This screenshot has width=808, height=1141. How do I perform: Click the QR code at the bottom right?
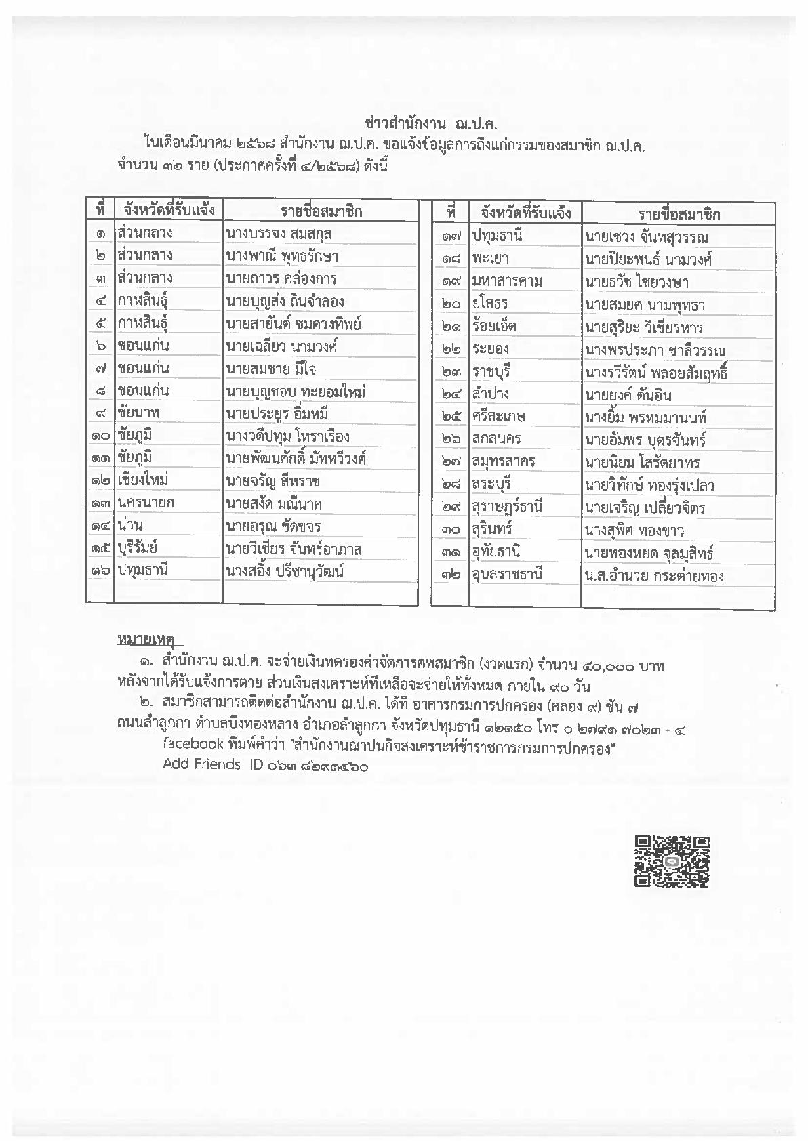[x=672, y=861]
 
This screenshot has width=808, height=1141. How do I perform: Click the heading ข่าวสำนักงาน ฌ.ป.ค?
[x=426, y=123]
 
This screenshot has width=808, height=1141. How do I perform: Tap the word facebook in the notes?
[x=193, y=743]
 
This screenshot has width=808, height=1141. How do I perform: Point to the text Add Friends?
[x=201, y=764]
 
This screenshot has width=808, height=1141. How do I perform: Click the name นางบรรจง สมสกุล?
[x=279, y=234]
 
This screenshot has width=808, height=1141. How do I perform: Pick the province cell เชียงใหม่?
[x=142, y=480]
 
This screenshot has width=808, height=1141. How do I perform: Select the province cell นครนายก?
[x=145, y=503]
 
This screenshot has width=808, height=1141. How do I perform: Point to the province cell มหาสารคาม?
[x=507, y=281]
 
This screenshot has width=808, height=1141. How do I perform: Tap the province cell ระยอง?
[x=491, y=349]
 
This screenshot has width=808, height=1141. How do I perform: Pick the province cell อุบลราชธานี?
[x=507, y=575]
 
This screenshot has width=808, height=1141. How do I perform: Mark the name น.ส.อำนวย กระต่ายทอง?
[x=653, y=576]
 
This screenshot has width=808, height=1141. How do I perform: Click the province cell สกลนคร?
[x=496, y=438]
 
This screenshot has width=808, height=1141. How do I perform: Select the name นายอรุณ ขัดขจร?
[x=274, y=526]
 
